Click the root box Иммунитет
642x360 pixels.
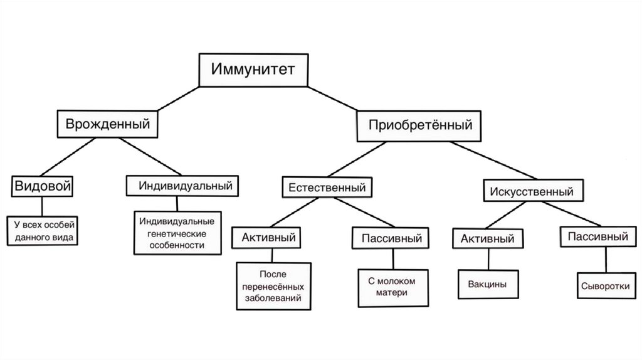pyautogui.click(x=253, y=70)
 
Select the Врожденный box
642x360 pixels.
pyautogui.click(x=107, y=124)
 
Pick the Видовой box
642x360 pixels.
pyautogui.click(x=42, y=186)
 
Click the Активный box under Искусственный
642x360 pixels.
pyautogui.click(x=487, y=238)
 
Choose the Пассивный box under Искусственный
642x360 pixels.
pyautogui.click(x=597, y=237)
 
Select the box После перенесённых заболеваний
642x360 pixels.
pyautogui.click(x=273, y=285)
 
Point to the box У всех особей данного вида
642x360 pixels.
pyautogui.click(x=43, y=230)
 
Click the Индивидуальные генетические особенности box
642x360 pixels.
pyautogui.click(x=177, y=233)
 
